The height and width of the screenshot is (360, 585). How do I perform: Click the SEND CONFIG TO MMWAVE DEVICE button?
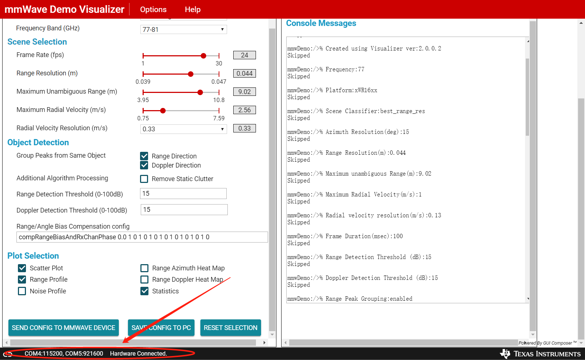pos(64,327)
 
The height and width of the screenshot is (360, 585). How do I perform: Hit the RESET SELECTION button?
pos(231,327)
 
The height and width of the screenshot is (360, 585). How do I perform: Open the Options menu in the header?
pos(153,10)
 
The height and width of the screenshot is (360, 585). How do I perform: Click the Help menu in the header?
pos(193,10)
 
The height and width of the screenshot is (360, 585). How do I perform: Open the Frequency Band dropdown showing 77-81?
pos(184,29)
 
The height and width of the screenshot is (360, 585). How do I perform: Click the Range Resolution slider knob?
pos(190,74)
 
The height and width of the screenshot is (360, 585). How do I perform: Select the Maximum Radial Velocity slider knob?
pos(163,110)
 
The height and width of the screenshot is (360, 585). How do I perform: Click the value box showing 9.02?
pos(245,92)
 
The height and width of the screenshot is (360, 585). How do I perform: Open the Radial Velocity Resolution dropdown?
pos(184,129)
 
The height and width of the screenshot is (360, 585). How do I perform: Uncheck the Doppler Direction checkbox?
pos(144,165)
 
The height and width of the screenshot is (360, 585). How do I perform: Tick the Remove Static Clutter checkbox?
pos(144,179)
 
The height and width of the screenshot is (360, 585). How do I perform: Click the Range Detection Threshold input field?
pos(183,194)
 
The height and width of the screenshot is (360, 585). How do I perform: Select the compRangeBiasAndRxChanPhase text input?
pos(142,237)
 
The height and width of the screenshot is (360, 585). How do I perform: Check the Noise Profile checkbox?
pos(22,291)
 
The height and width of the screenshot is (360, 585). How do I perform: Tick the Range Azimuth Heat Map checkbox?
pos(144,268)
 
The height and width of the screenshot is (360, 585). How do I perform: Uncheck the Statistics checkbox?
pos(144,291)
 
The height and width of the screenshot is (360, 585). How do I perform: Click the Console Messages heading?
pos(321,23)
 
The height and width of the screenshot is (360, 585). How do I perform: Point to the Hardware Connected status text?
pos(139,353)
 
